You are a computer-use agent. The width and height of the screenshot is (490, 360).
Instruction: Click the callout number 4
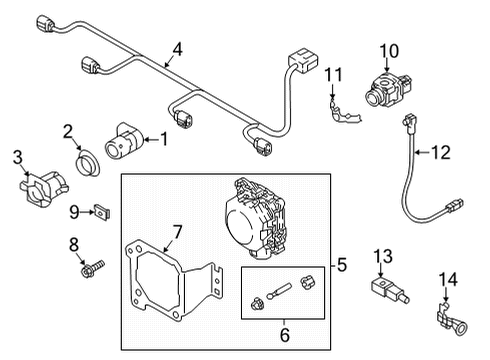tap(178, 49)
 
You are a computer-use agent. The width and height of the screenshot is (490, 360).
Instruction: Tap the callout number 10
tap(389, 51)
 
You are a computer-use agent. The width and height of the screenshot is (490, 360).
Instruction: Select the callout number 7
tap(177, 232)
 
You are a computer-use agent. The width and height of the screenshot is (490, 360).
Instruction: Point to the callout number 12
tap(441, 152)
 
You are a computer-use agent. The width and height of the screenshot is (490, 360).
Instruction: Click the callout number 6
tap(285, 335)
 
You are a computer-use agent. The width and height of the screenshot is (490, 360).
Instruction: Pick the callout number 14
tap(448, 279)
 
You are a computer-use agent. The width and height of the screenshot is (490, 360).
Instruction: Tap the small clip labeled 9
tap(102, 212)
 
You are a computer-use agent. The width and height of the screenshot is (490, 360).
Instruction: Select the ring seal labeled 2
tap(87, 163)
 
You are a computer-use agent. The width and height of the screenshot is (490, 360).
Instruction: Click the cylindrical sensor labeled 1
tap(124, 142)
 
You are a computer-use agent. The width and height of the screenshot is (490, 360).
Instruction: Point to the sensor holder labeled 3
tap(43, 189)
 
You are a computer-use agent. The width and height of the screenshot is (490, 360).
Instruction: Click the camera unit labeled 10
tap(388, 89)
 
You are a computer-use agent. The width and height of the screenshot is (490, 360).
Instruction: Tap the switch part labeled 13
tap(389, 289)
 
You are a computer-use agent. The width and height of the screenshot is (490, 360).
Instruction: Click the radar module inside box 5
tap(255, 219)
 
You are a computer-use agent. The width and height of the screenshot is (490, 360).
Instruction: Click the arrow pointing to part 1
tap(151, 140)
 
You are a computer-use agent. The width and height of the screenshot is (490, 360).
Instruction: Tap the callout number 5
tap(342, 265)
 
